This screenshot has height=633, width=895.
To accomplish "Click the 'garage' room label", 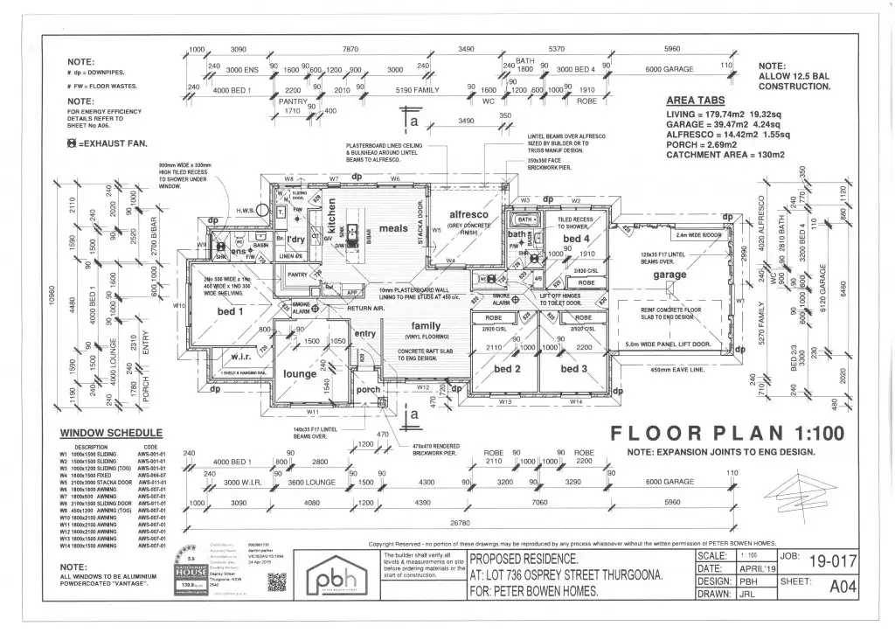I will coord(670,275).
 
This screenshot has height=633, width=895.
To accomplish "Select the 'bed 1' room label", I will coord(229,310).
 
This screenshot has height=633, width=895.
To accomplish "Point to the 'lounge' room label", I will coord(300,373).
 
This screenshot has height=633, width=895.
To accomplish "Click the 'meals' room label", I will coord(393,229).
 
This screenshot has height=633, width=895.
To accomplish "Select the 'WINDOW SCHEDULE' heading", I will coord(111,433).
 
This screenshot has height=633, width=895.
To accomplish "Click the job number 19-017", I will coord(829,560).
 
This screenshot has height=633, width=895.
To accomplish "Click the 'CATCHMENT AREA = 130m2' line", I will coord(725,155).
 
